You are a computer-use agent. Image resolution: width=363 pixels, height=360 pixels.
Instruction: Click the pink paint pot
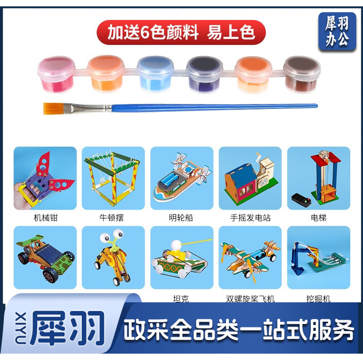tap(56, 74)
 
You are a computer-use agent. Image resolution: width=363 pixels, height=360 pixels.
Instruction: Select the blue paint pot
tap(155, 74)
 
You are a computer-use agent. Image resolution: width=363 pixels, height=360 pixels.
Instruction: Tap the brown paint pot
tap(302, 74)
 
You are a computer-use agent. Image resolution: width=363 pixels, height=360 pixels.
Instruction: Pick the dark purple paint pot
tap(204, 74)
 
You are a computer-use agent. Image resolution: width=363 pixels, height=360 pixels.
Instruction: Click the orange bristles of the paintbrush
tap(54, 108)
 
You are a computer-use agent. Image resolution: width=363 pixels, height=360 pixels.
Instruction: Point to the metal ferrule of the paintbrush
tap(88, 108)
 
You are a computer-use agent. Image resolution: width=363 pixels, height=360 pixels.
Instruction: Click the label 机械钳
tap(45, 218)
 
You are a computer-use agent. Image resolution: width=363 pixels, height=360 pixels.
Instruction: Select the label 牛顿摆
tap(112, 218)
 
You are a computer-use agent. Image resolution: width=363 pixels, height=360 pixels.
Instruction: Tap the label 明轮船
tap(181, 218)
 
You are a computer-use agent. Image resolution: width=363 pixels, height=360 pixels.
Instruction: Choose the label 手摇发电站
tap(250, 218)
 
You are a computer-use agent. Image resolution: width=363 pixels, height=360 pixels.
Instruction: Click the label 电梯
tap(319, 218)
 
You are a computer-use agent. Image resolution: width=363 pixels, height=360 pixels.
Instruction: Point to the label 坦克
tap(181, 298)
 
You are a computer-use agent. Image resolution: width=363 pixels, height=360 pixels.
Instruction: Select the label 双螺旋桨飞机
tap(250, 299)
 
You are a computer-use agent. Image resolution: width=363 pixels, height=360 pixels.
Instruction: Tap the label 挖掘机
tap(319, 299)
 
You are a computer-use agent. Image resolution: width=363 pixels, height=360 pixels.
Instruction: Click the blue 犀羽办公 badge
tap(337, 31)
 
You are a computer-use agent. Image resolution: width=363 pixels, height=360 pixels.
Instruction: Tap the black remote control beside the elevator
tap(301, 200)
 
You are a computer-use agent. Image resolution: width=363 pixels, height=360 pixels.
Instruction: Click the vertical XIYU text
tap(21, 328)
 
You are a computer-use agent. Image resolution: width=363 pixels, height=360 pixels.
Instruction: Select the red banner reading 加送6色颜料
tap(181, 32)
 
